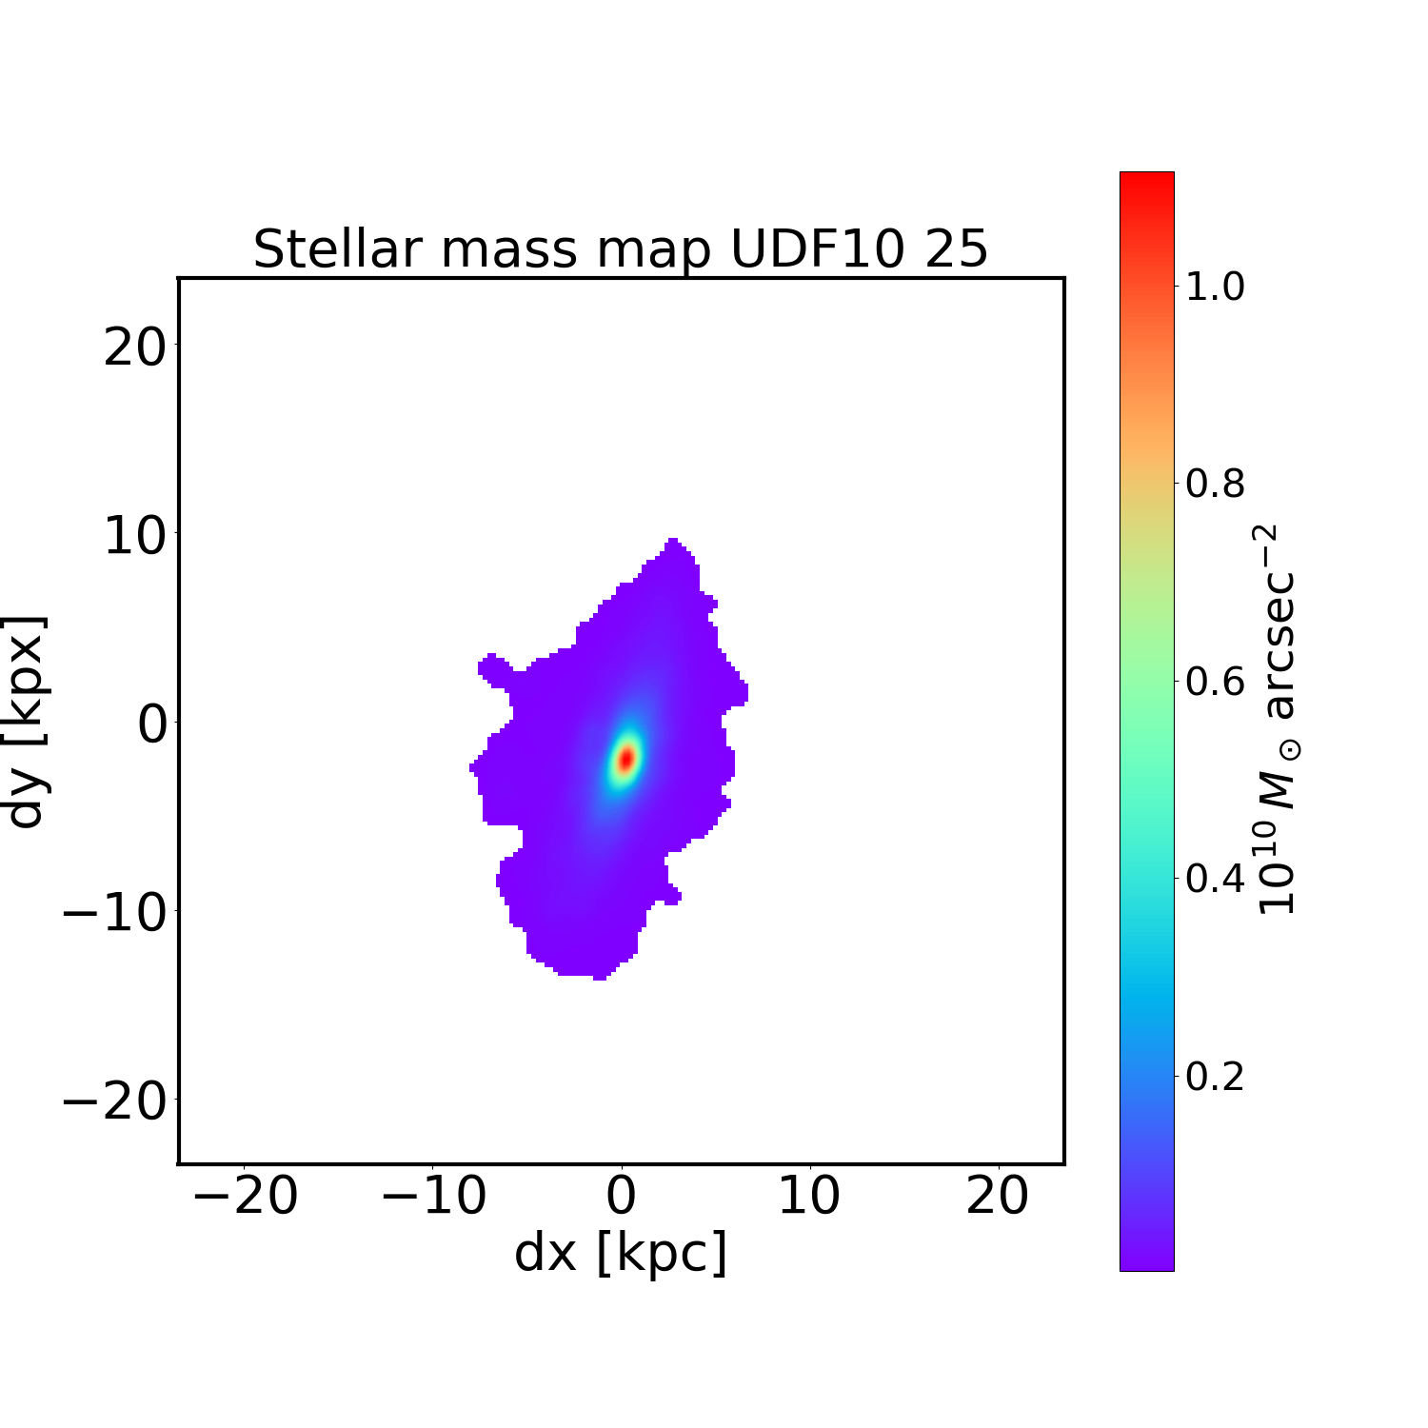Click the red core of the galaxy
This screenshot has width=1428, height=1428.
(626, 759)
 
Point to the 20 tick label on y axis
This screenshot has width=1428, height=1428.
(134, 347)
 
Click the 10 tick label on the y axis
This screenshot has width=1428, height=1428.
(134, 537)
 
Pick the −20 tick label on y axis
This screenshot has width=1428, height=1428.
(114, 1102)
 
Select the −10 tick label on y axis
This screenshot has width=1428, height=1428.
(114, 914)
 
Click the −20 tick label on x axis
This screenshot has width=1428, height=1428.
(246, 1196)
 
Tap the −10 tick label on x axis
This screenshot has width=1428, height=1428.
(434, 1196)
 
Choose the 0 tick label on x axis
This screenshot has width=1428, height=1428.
(622, 1196)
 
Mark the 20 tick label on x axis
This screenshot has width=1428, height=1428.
(998, 1196)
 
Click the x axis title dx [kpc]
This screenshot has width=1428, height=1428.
(621, 1253)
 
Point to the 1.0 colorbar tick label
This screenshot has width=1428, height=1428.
(1215, 287)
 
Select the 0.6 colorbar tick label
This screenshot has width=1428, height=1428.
(1215, 682)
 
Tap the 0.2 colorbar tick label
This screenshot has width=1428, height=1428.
(1215, 1077)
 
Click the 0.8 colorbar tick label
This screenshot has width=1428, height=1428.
(1215, 485)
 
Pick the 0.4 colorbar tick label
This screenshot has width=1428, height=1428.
(1215, 879)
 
